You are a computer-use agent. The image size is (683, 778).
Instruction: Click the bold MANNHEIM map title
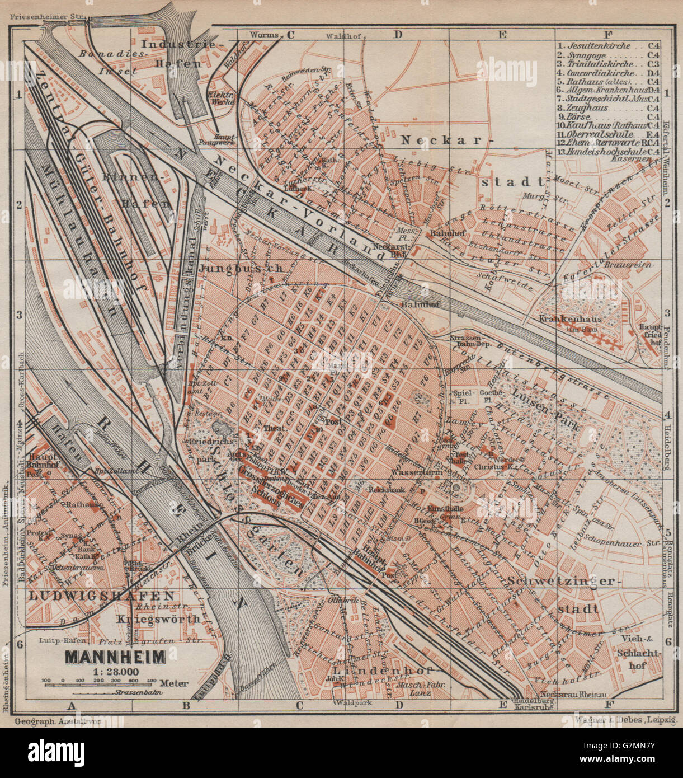pyautogui.click(x=115, y=657)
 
